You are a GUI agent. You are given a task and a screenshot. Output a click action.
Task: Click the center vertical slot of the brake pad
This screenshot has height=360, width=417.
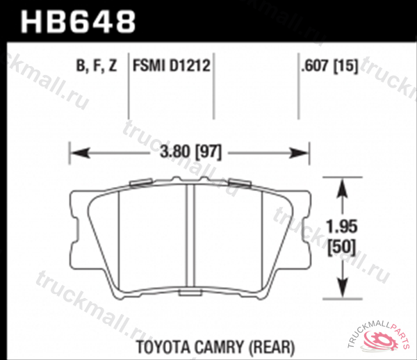click(x=190, y=236)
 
